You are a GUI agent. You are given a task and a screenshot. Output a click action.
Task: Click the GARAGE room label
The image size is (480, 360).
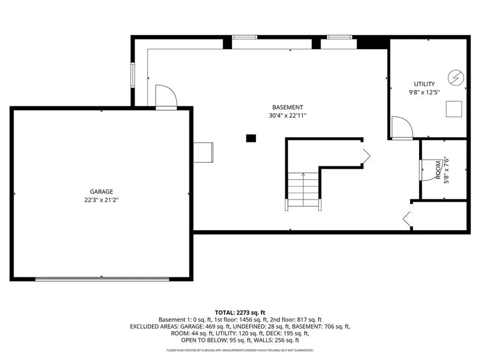click(102, 191)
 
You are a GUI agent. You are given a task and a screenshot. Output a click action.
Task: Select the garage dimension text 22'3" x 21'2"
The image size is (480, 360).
click(102, 200)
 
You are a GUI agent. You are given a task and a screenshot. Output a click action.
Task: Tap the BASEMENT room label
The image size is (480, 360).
click(288, 107)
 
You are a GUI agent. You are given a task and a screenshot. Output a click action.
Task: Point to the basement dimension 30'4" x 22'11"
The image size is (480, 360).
click(288, 115)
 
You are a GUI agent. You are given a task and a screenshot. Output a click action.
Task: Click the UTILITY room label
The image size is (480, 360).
click(424, 84)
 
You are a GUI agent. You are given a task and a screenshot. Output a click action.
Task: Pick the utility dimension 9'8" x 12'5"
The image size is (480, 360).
click(424, 92)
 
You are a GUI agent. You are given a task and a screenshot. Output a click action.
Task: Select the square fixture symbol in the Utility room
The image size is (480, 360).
click(454, 109)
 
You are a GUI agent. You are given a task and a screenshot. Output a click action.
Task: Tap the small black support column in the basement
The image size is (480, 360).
click(251, 138)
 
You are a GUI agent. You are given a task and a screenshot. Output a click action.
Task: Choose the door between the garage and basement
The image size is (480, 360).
click(165, 97)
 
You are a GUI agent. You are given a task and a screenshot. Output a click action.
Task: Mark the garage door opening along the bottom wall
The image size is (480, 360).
click(102, 279)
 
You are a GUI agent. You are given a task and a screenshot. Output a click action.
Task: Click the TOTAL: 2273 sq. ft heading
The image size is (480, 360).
click(240, 312)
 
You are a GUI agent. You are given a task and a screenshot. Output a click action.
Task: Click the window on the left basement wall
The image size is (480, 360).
click(133, 75)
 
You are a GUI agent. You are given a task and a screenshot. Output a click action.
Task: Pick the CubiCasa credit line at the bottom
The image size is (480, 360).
click(240, 350)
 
